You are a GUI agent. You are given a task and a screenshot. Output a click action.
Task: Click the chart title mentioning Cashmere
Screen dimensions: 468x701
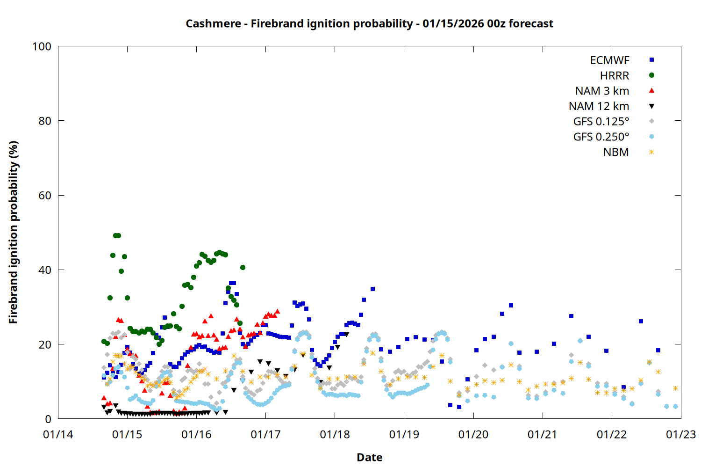coord(369,23)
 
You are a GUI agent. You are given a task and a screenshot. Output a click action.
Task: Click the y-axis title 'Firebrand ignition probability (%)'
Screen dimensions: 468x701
coord(14,233)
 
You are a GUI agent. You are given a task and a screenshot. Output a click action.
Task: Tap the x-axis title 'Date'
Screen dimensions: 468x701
coord(369,457)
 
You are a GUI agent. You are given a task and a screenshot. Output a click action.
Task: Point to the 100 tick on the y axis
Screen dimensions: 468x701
coord(42,46)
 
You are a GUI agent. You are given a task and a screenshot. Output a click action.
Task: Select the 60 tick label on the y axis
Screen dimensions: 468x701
coord(45,195)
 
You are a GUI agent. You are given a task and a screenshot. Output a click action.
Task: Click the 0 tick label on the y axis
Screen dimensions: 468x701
coord(48,419)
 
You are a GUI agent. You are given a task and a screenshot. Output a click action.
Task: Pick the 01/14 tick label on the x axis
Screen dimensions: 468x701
coord(58,435)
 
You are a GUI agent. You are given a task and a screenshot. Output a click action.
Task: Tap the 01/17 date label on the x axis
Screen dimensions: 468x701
coord(265,435)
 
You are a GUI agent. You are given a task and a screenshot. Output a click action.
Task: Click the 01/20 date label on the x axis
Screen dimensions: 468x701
coord(473,435)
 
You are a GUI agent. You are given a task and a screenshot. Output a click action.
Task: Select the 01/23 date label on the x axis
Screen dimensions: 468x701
coord(680,435)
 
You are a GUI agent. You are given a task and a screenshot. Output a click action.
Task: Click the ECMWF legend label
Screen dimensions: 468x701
coord(609,60)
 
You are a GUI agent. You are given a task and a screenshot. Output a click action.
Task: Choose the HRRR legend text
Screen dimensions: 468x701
coord(615,76)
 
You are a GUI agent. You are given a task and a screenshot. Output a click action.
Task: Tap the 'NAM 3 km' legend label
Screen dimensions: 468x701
coord(602,91)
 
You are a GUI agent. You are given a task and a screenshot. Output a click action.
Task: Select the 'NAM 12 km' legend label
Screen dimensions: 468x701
coord(599,106)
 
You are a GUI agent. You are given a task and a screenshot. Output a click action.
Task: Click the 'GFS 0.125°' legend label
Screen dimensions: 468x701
coord(601,122)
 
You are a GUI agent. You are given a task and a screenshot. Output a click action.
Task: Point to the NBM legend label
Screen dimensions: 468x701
coord(616,152)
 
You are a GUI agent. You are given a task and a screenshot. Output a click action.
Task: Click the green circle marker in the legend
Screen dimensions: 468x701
coord(651,75)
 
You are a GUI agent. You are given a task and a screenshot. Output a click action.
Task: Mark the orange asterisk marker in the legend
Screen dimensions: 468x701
coord(651,152)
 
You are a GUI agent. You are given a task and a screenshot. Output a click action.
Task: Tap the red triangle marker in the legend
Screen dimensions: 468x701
coord(651,90)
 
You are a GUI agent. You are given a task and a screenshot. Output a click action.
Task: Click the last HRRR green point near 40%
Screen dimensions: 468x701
coord(243,268)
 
